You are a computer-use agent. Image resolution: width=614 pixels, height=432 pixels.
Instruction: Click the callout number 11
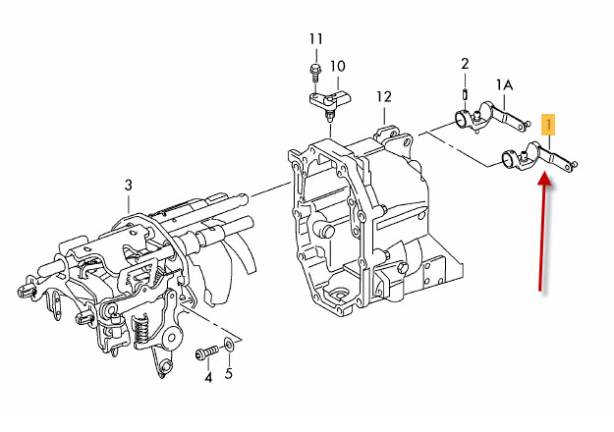click(316, 39)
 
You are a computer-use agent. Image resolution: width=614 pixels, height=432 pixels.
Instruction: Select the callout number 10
click(337, 66)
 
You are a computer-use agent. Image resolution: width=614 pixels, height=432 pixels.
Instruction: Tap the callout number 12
click(384, 96)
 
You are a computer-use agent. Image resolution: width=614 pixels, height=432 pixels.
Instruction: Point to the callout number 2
click(465, 64)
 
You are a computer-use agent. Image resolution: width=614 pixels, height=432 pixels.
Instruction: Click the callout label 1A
click(504, 84)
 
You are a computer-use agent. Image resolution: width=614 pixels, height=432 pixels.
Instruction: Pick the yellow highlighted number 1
click(548, 125)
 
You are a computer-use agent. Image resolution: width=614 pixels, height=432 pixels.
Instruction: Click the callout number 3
click(129, 186)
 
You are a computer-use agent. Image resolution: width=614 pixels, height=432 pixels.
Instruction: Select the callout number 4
click(208, 378)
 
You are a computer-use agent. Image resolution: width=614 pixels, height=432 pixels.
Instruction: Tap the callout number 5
click(229, 374)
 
